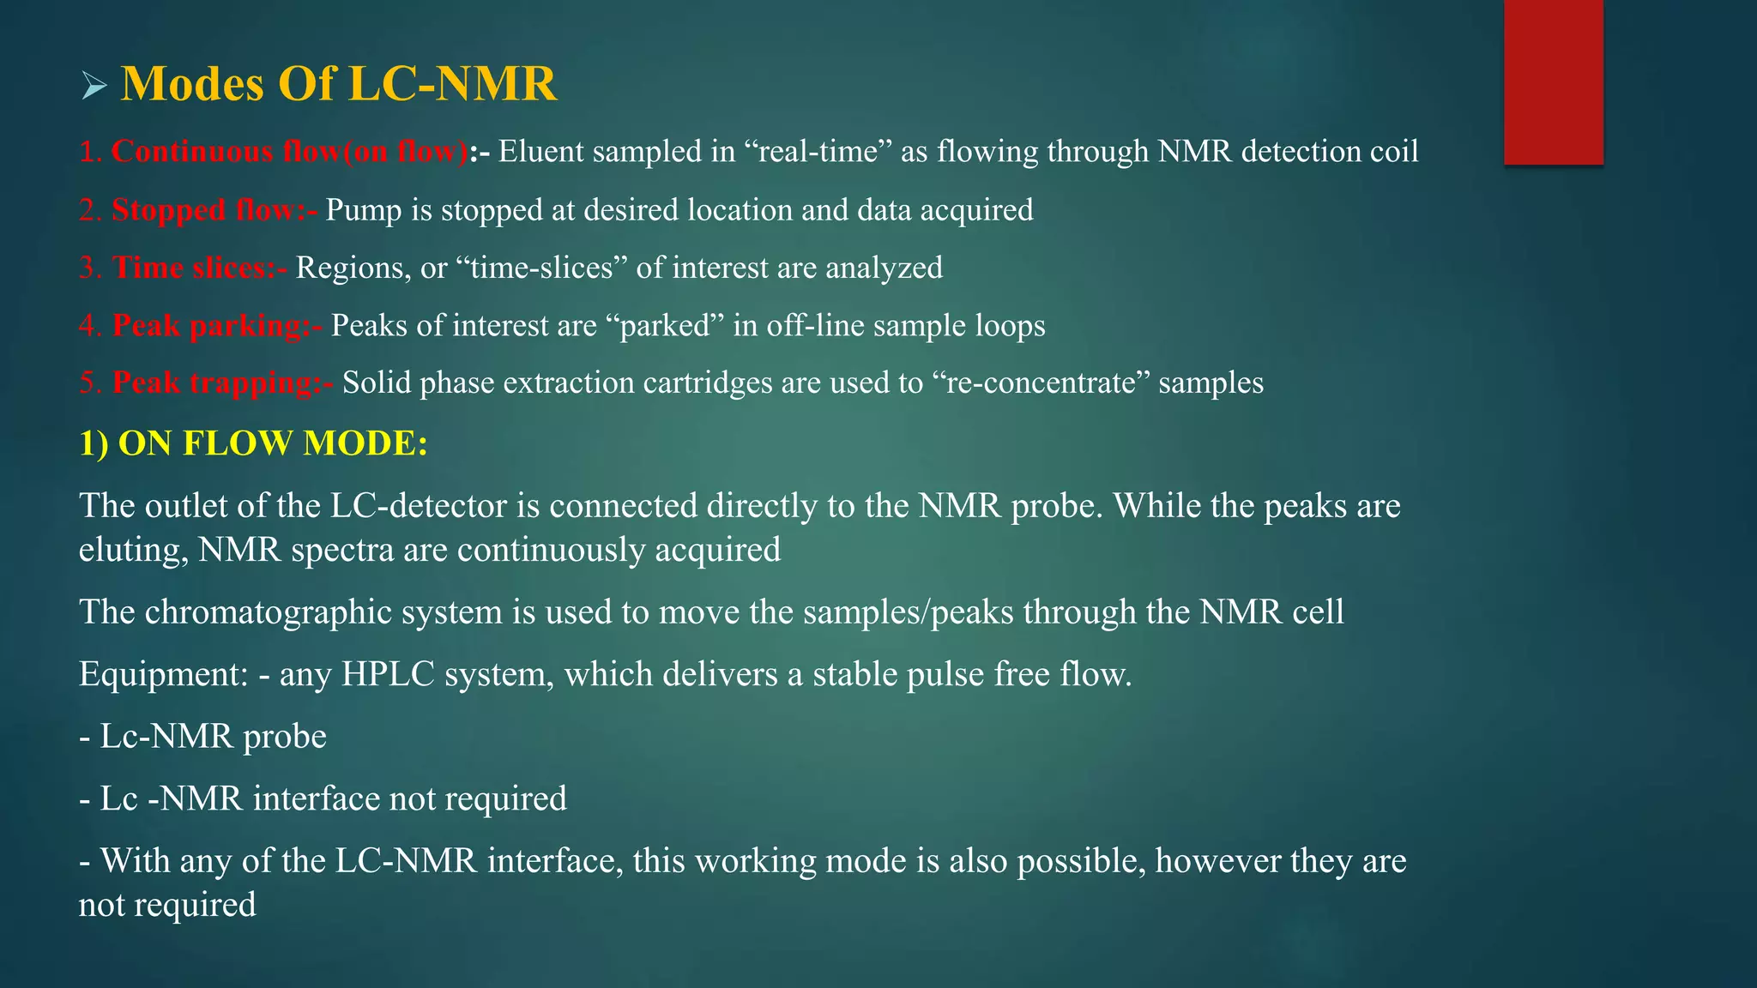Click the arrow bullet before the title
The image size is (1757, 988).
94,86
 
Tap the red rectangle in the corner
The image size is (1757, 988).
1553,81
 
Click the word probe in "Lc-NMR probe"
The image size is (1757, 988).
285,737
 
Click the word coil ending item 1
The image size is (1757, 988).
1392,152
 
